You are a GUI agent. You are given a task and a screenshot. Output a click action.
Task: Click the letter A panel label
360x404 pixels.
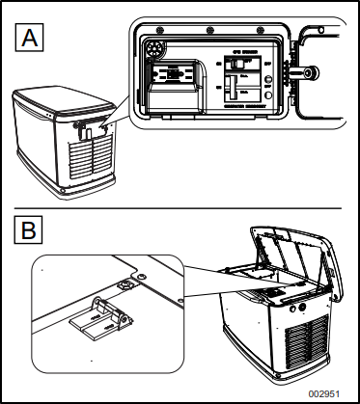click(29, 40)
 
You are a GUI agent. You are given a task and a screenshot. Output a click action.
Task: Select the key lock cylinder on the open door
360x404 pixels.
click(312, 72)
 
